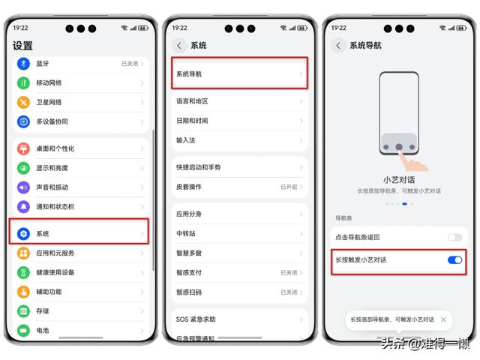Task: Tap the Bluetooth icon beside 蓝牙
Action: (23, 64)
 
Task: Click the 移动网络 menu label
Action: (50, 82)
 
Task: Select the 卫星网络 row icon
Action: (23, 102)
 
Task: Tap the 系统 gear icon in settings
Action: (23, 234)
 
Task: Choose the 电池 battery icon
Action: (23, 330)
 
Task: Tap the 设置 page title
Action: (22, 46)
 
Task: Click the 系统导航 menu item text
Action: (189, 74)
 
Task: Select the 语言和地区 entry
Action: (192, 101)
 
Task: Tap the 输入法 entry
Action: (186, 140)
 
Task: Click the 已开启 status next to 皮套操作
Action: (289, 186)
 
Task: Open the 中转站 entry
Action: (186, 234)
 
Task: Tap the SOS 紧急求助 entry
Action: (196, 319)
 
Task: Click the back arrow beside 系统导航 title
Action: (338, 46)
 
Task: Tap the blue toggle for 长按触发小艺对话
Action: (454, 259)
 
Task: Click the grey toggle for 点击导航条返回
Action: (454, 237)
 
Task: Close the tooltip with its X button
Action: (443, 319)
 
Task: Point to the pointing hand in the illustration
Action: (412, 161)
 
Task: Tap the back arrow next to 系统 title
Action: (178, 46)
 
